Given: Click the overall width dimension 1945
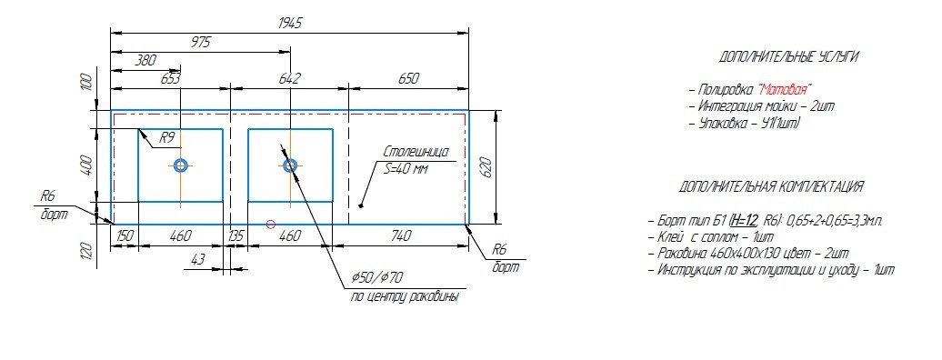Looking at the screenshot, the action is tap(289, 24).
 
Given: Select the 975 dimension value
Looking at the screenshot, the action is tap(201, 42).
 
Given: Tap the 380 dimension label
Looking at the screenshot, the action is tap(146, 60).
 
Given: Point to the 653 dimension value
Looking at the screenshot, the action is tap(171, 78).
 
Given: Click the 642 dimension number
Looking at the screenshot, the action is tap(289, 78).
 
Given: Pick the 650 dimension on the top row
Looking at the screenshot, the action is tap(408, 78).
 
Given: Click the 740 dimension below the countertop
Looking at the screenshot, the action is tap(401, 236).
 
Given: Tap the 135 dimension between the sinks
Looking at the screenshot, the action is tap(236, 236).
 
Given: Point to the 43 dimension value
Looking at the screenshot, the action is tap(197, 260).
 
